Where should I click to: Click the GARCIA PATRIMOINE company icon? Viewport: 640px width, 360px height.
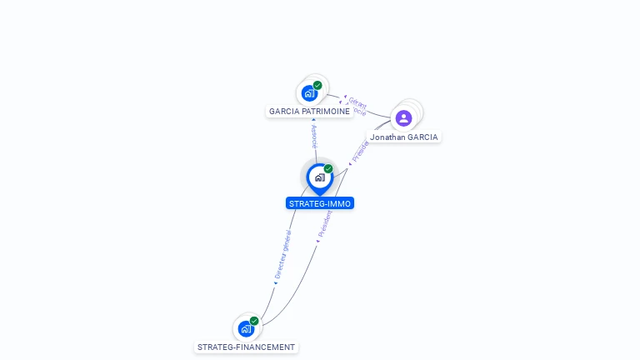309,93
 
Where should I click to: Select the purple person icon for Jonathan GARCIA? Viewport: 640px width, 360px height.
404,118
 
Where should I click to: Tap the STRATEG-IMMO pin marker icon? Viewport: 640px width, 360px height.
319,177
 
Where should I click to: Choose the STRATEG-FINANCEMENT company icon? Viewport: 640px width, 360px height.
246,328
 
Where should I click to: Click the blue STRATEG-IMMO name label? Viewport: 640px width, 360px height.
320,203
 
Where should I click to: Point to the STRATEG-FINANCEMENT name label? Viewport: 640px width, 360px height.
247,347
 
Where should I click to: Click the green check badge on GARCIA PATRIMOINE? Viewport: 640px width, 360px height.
317,85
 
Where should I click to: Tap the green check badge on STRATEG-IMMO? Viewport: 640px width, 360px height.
328,168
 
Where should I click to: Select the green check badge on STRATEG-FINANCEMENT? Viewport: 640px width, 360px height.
254,321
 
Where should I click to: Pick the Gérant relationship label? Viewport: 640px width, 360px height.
357,102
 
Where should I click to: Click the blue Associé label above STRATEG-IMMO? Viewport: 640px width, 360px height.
314,136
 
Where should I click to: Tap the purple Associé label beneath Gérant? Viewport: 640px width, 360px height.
356,110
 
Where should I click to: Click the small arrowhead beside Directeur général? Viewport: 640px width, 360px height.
275,283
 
